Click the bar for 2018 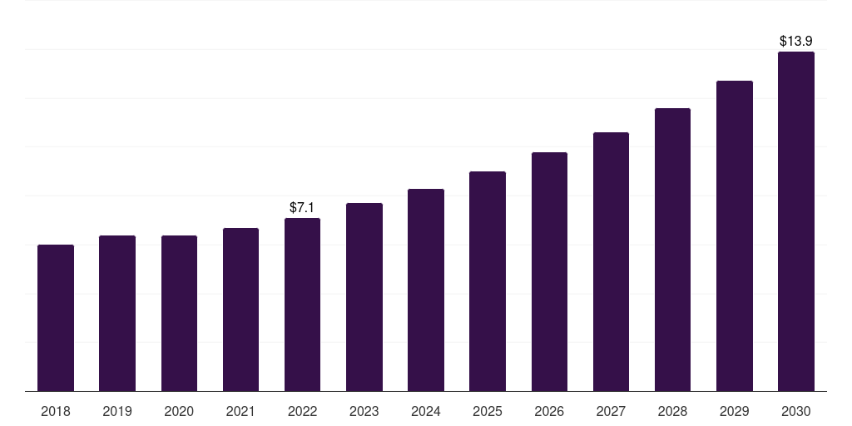coord(56,318)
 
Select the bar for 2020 coord(179,314)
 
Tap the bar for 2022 coord(302,305)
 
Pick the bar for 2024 coord(426,290)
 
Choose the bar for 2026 coord(549,272)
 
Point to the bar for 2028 coord(672,250)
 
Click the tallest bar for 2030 coord(796,221)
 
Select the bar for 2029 coord(735,236)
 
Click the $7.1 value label coord(302,207)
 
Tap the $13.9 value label coord(796,41)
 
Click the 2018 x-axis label coord(56,411)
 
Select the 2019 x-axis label coord(117,411)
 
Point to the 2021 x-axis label coord(240,411)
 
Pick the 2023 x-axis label coord(364,411)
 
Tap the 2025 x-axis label coord(488,411)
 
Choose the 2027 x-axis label coord(611,411)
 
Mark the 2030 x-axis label coord(796,411)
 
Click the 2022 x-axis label coord(302,411)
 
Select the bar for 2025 coord(488,281)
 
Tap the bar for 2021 coord(240,310)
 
